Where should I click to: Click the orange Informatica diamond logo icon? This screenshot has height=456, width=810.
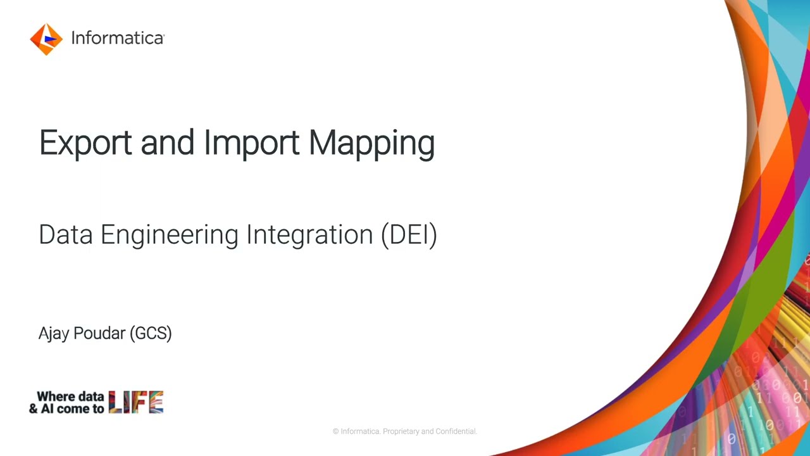tap(46, 39)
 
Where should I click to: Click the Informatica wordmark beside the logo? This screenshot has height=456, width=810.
tap(117, 39)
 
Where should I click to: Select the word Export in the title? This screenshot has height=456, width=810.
tap(85, 143)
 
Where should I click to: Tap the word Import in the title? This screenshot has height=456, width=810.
tap(251, 143)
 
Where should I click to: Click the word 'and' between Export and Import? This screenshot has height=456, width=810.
tap(167, 143)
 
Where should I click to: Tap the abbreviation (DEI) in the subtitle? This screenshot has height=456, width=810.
tap(409, 235)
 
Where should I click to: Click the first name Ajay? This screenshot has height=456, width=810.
tap(53, 334)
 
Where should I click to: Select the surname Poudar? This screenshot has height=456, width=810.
tap(99, 333)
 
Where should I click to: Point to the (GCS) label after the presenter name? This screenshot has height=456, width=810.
tap(151, 333)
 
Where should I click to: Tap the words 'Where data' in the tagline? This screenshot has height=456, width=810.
tap(70, 396)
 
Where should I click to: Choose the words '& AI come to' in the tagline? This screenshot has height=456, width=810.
tap(66, 408)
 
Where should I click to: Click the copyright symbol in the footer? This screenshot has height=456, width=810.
tap(336, 431)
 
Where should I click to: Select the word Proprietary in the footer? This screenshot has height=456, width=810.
tap(401, 431)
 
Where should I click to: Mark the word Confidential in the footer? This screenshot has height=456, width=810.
tap(455, 431)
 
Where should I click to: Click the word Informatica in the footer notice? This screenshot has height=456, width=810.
tap(360, 431)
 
